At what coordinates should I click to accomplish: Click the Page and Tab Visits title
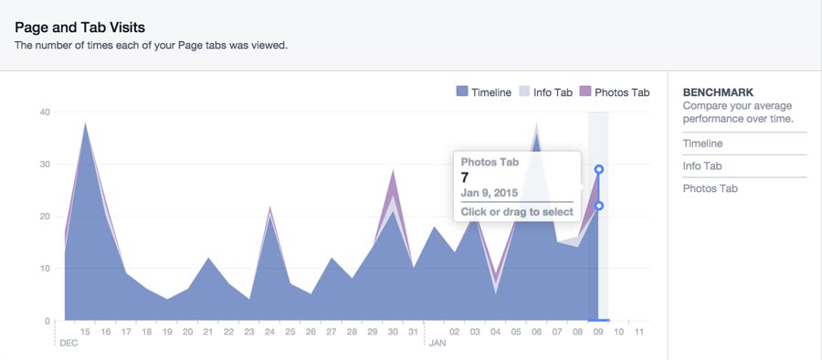click(x=79, y=27)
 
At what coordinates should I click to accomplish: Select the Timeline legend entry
click(x=484, y=92)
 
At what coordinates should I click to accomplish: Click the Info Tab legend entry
click(x=546, y=92)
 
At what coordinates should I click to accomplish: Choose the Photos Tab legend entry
click(x=615, y=92)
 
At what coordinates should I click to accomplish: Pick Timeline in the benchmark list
click(x=702, y=143)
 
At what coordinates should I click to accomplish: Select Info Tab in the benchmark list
click(x=702, y=166)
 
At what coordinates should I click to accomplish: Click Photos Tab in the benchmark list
click(x=709, y=188)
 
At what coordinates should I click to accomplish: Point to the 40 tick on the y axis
click(x=44, y=112)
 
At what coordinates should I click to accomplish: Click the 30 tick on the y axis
click(x=44, y=164)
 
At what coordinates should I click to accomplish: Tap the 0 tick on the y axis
click(x=47, y=321)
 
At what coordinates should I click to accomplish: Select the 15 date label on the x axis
click(x=86, y=332)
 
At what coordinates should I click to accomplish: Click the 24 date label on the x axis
click(x=270, y=332)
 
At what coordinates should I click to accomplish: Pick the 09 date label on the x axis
click(x=598, y=332)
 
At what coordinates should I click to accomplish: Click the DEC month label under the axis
click(x=68, y=344)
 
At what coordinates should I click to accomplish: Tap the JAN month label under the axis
click(x=437, y=344)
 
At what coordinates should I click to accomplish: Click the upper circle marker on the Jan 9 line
click(x=599, y=169)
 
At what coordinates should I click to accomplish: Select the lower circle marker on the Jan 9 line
click(x=599, y=206)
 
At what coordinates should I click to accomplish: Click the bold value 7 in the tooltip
click(x=465, y=176)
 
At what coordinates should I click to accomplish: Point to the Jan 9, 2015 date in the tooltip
click(x=489, y=194)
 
